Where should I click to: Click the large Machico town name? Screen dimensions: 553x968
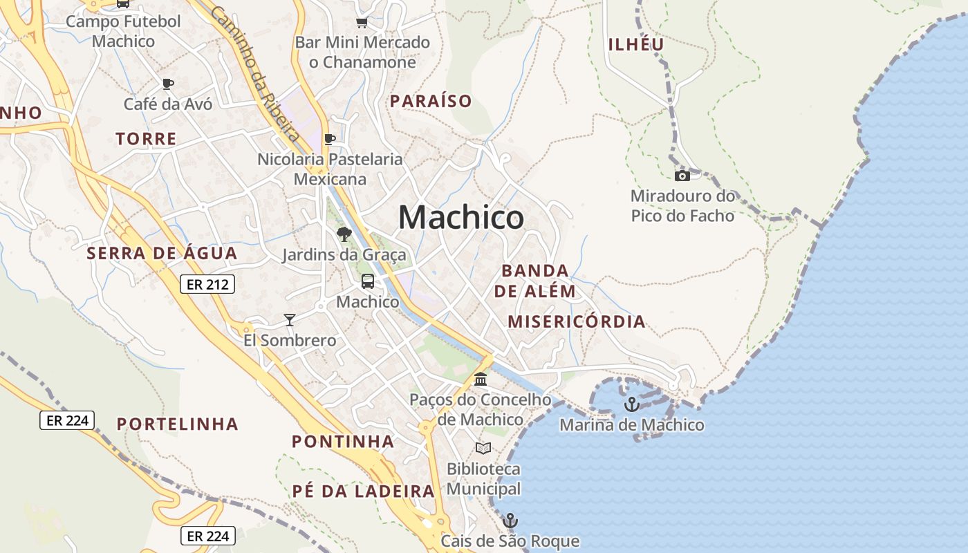(x=461, y=218)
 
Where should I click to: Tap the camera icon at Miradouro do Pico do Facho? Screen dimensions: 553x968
(x=682, y=176)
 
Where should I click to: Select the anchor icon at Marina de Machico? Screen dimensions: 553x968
(x=631, y=404)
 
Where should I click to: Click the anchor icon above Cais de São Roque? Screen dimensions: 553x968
(x=510, y=521)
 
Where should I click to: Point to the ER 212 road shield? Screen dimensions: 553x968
(x=207, y=284)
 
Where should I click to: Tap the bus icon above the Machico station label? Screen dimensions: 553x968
(x=368, y=281)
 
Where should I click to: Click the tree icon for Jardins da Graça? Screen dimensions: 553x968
(x=344, y=234)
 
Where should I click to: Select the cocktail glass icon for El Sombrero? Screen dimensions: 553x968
(x=290, y=320)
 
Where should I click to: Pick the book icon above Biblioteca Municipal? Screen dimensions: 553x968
(x=483, y=449)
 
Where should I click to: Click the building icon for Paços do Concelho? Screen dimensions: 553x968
(x=481, y=379)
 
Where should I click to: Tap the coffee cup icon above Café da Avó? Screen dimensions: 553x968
(x=167, y=84)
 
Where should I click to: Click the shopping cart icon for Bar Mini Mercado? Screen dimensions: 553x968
(x=362, y=22)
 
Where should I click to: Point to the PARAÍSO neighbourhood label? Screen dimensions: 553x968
(x=431, y=101)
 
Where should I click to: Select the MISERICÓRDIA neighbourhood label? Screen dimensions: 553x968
(x=577, y=321)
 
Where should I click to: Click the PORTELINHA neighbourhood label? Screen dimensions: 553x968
(x=178, y=424)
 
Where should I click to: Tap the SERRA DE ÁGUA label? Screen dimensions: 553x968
(x=162, y=253)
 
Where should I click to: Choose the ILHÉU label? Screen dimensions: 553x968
(x=636, y=44)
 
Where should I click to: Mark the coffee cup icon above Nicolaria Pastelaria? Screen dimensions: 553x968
(x=330, y=139)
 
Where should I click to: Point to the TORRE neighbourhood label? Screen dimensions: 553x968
(x=147, y=139)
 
